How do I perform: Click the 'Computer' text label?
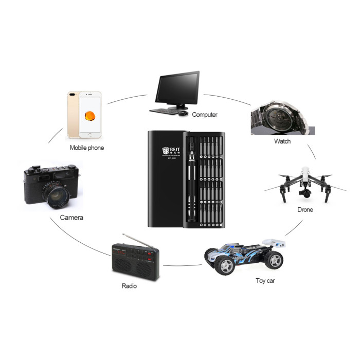[205, 115]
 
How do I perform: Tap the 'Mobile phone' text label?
[87, 148]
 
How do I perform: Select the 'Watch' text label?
[282, 141]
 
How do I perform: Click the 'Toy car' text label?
[265, 280]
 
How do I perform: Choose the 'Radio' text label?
[129, 286]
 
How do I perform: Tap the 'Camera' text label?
[71, 218]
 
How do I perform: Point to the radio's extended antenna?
[138, 241]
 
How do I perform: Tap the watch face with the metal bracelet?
[277, 117]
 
